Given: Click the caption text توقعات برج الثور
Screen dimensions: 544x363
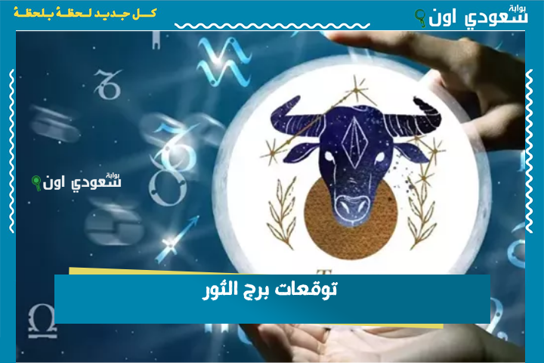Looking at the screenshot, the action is click(x=270, y=290).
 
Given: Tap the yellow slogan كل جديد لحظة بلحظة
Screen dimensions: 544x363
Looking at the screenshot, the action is click(x=85, y=13).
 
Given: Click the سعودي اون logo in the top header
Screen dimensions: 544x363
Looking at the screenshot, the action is click(x=471, y=17).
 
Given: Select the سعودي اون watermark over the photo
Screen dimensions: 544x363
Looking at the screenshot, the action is click(x=76, y=181).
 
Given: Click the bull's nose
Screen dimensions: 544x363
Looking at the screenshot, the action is click(x=353, y=206).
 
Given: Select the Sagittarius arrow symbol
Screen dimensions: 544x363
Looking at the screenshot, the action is click(x=177, y=239).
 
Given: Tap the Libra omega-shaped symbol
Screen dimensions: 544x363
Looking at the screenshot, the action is click(x=42, y=321).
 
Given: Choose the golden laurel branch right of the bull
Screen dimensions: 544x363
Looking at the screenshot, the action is click(x=421, y=215).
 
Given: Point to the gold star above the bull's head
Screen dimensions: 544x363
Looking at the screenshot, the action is click(x=357, y=91).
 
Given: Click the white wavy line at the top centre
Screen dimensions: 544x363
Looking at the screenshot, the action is click(x=272, y=26).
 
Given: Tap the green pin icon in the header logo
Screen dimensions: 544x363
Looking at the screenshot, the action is click(x=420, y=17).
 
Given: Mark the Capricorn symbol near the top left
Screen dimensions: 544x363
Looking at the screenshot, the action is click(x=108, y=84).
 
